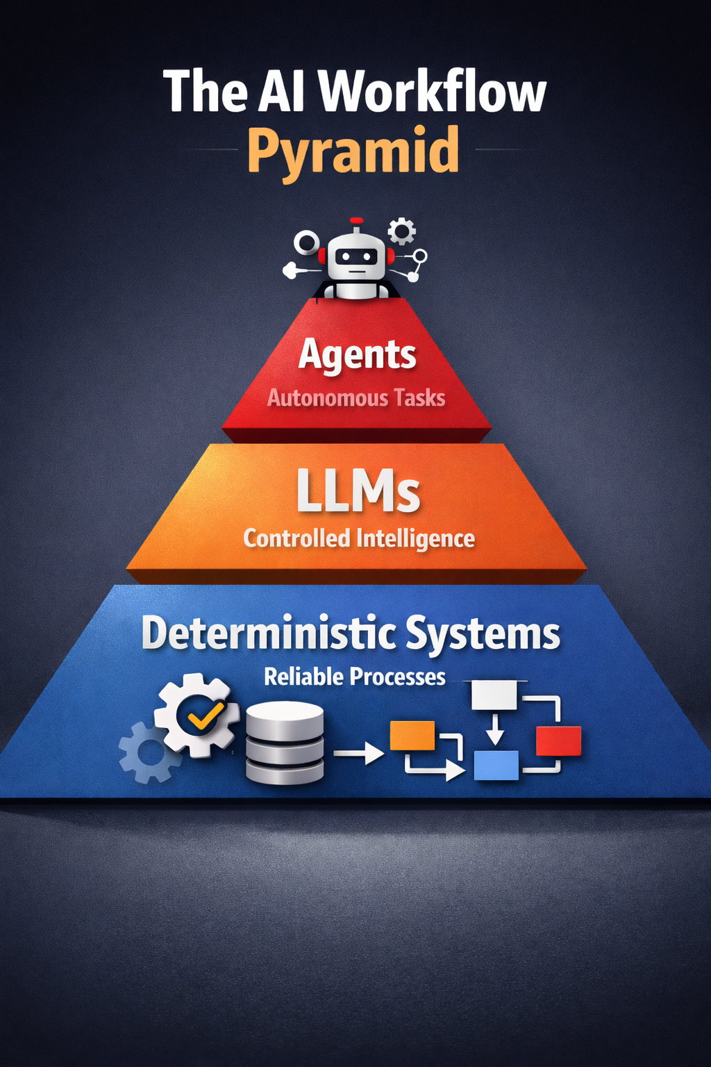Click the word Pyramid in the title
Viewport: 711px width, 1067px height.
(353, 151)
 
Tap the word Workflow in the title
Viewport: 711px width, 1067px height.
(432, 92)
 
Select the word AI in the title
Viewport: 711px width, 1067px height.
(281, 92)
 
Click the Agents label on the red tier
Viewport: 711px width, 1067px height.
(357, 355)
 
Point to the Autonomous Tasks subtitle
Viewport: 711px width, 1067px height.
(356, 398)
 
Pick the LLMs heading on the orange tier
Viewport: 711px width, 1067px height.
(358, 492)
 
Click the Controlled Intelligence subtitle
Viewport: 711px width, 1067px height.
(359, 538)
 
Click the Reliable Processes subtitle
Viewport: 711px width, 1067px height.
(354, 677)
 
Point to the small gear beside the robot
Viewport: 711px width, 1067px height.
(401, 231)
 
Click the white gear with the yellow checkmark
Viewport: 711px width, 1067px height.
(198, 715)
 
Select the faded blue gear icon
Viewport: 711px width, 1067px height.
(145, 753)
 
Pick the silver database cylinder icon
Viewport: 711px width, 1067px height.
(285, 742)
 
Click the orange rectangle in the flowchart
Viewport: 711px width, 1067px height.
(412, 736)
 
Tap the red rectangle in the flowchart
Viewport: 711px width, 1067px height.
(558, 741)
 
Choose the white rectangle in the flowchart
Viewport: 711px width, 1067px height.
(494, 695)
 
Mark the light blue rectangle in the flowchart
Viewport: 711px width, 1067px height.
(496, 765)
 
